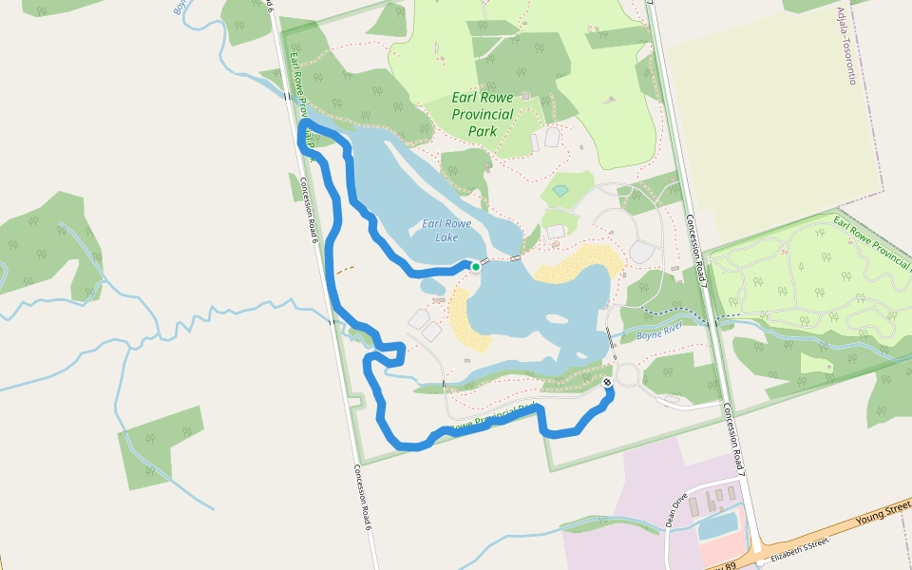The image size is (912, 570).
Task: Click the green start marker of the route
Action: point(475,267)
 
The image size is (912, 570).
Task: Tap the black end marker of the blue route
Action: point(607,382)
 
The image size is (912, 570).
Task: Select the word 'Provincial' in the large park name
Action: point(483,114)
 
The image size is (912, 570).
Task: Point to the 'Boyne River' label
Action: point(660,332)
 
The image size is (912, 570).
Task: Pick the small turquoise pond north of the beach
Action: point(560,191)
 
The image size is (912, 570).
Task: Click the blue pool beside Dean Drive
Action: point(720,522)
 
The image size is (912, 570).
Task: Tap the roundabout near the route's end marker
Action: point(627,372)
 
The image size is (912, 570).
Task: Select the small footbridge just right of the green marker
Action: point(484,261)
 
